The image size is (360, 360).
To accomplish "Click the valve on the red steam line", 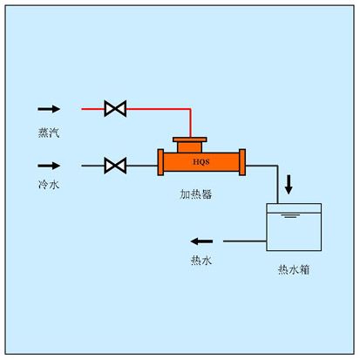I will point(115,109).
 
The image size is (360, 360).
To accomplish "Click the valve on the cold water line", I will point(115,165).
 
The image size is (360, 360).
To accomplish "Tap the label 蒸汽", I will point(49,132).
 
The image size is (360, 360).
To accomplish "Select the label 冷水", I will point(49,187).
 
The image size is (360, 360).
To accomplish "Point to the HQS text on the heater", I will point(200,161).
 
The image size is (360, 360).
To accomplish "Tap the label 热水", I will point(201,260).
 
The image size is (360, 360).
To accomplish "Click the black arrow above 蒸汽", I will point(49,110).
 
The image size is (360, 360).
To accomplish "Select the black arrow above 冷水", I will point(49,165).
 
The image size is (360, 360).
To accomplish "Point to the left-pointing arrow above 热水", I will point(202,241).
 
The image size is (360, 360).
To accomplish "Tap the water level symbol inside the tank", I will point(294,214).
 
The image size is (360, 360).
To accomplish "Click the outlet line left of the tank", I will point(244,241).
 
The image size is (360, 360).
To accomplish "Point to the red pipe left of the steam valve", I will point(92,109).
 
